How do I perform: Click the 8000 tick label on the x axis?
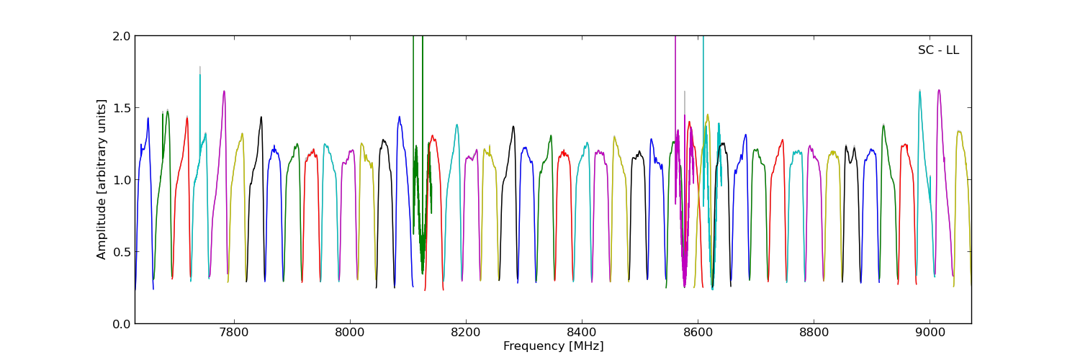click(350, 333)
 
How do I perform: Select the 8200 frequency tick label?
click(466, 333)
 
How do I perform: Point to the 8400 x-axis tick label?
click(582, 333)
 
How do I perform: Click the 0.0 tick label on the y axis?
click(120, 324)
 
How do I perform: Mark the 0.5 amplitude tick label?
click(120, 252)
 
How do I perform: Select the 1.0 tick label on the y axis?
click(120, 180)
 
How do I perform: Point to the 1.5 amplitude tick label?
click(120, 108)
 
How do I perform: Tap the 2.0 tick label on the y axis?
click(120, 36)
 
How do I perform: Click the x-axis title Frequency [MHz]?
click(553, 346)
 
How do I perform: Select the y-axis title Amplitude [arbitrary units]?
click(102, 179)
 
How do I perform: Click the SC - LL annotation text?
click(938, 50)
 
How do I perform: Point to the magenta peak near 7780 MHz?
click(224, 91)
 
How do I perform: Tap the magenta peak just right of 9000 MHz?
click(939, 90)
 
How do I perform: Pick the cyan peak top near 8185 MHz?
click(456, 125)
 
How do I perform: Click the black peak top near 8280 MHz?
click(513, 127)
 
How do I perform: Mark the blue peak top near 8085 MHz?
click(399, 117)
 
